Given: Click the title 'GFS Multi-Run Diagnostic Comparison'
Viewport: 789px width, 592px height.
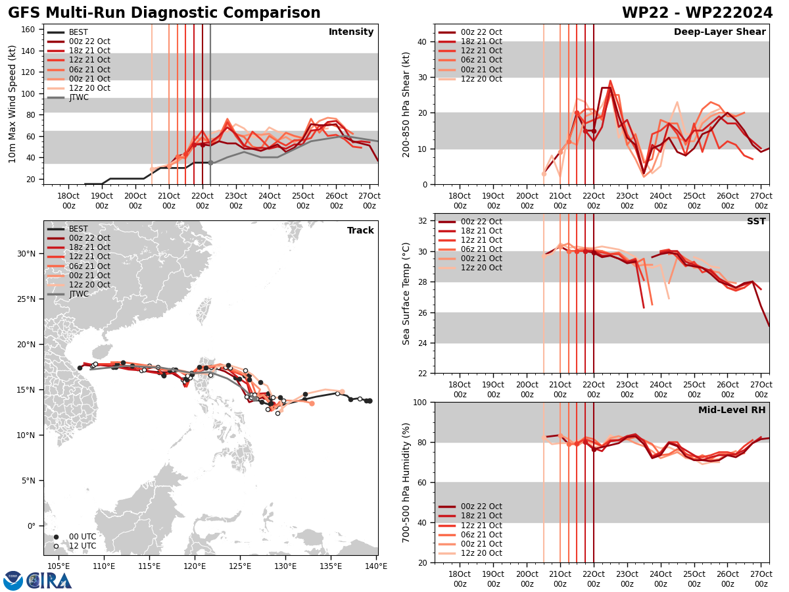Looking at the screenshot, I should pyautogui.click(x=164, y=13).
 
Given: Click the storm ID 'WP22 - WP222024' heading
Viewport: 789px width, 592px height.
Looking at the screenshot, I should pyautogui.click(x=697, y=13).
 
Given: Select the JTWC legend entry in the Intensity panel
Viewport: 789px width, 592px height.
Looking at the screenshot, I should pyautogui.click(x=78, y=97).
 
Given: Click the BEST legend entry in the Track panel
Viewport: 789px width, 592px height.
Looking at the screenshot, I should pyautogui.click(x=78, y=229).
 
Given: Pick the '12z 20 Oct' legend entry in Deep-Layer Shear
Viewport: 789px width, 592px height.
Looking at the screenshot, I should pyautogui.click(x=481, y=79).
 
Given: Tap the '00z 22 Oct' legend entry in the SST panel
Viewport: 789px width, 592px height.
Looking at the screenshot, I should pyautogui.click(x=481, y=222).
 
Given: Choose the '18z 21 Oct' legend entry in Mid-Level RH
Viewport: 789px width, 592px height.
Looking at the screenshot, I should pyautogui.click(x=481, y=516).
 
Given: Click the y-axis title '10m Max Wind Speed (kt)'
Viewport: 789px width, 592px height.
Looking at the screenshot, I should pyautogui.click(x=12, y=104).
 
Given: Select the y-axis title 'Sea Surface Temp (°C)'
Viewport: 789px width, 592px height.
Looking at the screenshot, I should pyautogui.click(x=406, y=293).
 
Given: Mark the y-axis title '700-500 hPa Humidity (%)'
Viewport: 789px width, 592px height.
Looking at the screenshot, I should pyautogui.click(x=406, y=482).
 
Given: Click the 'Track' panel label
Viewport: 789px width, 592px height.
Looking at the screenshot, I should pyautogui.click(x=360, y=230).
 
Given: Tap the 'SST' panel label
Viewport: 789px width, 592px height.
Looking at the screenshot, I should pyautogui.click(x=755, y=222).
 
